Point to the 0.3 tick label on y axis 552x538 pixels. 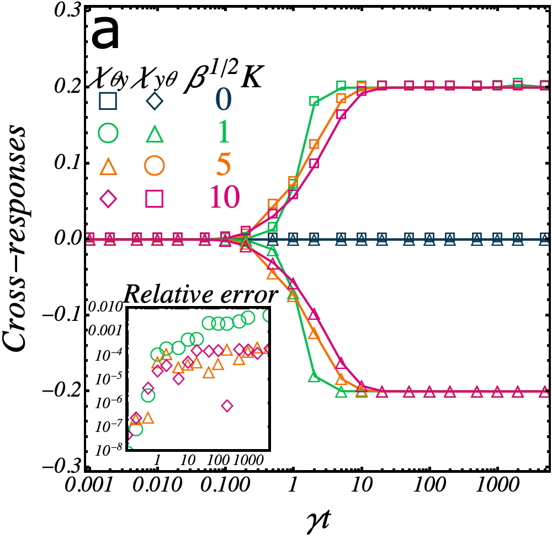tap(63, 10)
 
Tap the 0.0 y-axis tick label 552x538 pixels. tap(63, 239)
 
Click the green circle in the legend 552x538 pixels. tap(108, 133)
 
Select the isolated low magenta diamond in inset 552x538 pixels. tap(227, 406)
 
